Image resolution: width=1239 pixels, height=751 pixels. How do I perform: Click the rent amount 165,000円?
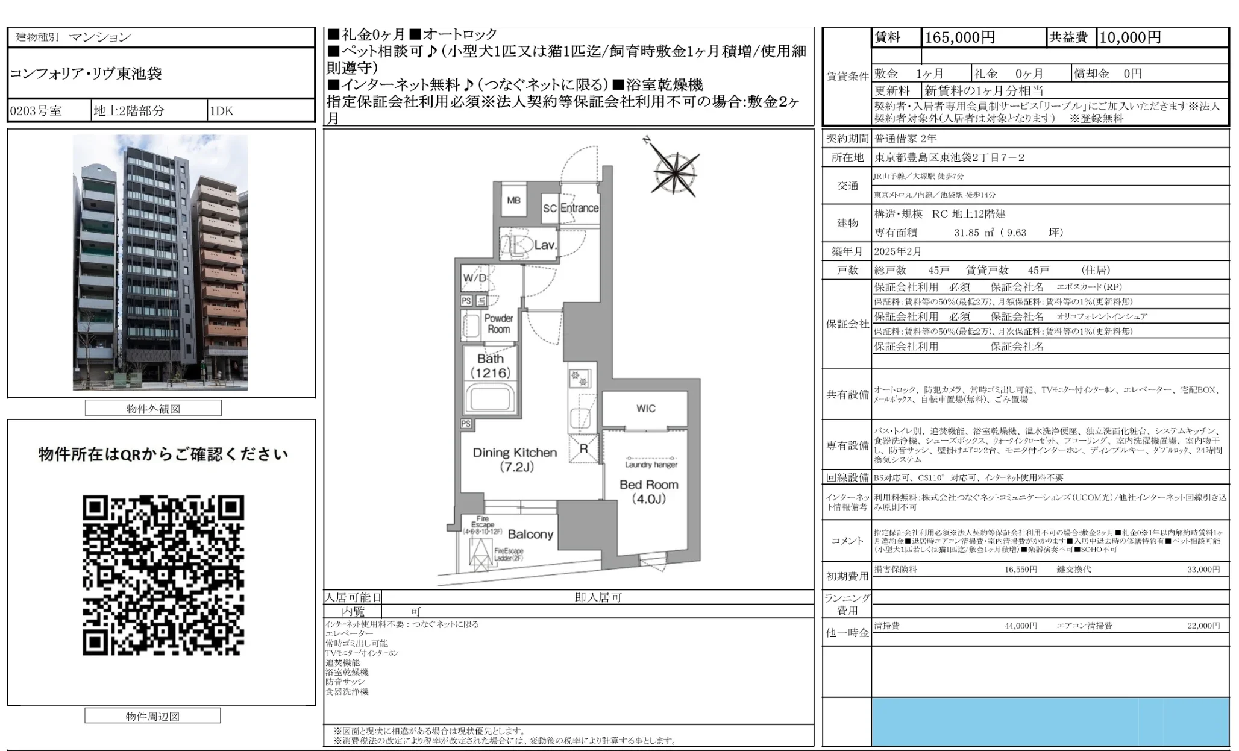click(959, 37)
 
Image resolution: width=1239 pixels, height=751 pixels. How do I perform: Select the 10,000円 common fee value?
click(1130, 37)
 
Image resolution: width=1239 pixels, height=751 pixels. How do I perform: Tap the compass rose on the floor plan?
click(675, 168)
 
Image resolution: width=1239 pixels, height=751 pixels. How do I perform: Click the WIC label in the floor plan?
click(645, 409)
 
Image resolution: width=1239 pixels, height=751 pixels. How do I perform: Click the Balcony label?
click(530, 535)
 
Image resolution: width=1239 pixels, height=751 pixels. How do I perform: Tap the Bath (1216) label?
click(491, 366)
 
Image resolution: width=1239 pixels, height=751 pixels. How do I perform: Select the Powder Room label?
click(498, 324)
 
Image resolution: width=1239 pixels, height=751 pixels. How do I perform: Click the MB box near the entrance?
click(513, 200)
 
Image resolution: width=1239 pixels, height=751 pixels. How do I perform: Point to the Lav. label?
click(545, 245)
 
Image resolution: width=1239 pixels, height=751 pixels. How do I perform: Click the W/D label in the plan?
click(474, 278)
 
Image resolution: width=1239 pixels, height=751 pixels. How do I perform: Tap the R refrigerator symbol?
click(583, 449)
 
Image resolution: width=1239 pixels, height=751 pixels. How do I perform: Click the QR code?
click(163, 575)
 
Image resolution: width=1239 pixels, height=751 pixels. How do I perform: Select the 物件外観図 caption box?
click(153, 409)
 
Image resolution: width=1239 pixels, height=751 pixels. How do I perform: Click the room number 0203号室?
click(36, 111)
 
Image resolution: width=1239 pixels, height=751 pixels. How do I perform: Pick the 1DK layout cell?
click(222, 111)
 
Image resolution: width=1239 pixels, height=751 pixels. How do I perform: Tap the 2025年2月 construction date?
click(898, 251)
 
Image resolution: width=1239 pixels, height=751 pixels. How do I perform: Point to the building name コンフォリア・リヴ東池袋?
click(86, 74)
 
